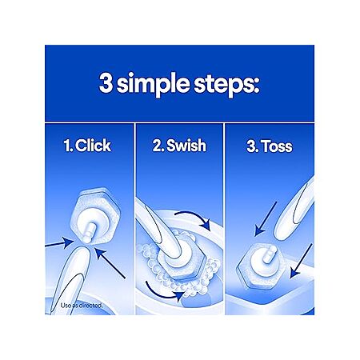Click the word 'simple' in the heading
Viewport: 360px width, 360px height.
coord(153,84)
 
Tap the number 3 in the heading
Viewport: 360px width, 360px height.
coord(106,82)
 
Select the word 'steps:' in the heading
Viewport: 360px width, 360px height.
coord(226,84)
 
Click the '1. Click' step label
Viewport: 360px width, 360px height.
coord(87,146)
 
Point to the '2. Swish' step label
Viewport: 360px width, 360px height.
coord(179,146)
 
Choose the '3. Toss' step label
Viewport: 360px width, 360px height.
coord(270,146)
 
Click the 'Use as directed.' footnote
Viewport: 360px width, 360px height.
coord(82,306)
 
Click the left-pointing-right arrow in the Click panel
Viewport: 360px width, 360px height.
coord(59,243)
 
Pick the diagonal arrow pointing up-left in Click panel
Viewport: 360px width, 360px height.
coord(110,263)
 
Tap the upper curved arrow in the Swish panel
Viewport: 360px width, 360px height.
coord(194,218)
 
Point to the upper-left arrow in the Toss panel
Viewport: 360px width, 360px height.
coord(266,219)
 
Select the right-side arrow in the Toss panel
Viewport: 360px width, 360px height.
coord(301,261)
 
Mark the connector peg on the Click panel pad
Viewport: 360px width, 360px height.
coord(88,231)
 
